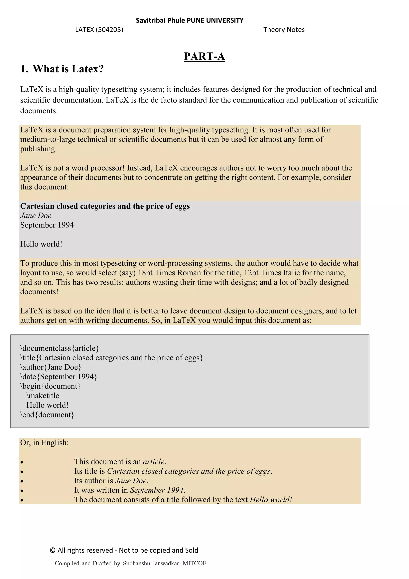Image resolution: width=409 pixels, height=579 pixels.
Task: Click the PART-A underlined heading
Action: pos(204,56)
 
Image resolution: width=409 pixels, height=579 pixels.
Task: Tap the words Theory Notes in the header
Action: pos(284,30)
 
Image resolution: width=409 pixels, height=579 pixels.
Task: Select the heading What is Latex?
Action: pos(68,69)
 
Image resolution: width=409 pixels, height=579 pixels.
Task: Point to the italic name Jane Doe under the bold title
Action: pos(36,216)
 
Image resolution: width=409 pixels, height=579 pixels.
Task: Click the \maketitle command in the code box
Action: pos(43,395)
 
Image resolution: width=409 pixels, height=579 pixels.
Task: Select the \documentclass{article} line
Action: pos(60,348)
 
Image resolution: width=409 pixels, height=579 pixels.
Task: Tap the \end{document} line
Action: pos(47,415)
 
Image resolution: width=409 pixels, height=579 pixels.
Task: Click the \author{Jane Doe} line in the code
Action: pos(51,367)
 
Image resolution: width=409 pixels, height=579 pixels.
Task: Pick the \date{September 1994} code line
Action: pos(59,376)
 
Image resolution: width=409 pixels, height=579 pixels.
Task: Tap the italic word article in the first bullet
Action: pos(154,461)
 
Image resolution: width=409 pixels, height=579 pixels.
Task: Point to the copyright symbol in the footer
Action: pos(53,550)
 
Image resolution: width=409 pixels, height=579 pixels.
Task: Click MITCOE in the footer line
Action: pos(195,563)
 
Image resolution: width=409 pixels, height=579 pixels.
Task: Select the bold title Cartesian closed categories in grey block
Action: pos(105,206)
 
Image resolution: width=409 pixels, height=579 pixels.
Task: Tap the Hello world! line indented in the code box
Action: pos(47,405)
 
